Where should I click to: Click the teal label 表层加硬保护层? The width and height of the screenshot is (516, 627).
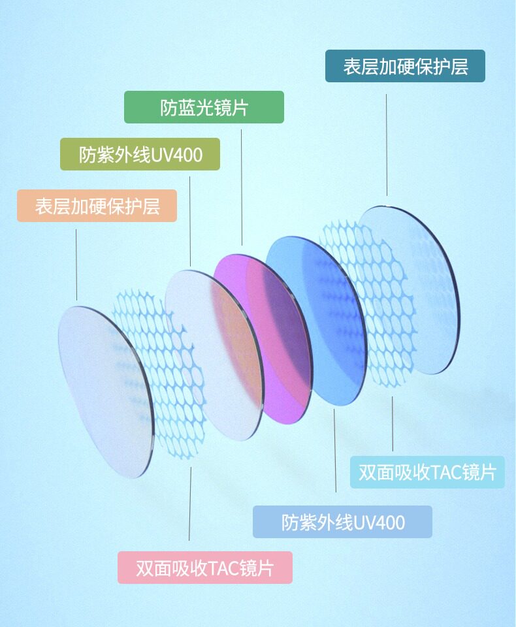pyautogui.click(x=405, y=66)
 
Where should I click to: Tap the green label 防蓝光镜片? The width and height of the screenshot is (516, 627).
pyautogui.click(x=204, y=107)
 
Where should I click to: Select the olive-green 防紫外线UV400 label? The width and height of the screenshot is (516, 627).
pyautogui.click(x=140, y=155)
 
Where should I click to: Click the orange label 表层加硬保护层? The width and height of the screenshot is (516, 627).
pyautogui.click(x=97, y=206)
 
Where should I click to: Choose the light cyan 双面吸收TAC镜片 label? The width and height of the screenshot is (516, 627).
pyautogui.click(x=427, y=472)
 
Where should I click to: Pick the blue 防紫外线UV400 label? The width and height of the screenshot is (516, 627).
pyautogui.click(x=342, y=522)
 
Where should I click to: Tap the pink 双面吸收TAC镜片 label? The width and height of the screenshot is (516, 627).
pyautogui.click(x=204, y=568)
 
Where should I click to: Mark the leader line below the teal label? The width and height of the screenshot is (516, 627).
pyautogui.click(x=387, y=144)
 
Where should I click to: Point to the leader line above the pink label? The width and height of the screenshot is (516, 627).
pyautogui.click(x=190, y=503)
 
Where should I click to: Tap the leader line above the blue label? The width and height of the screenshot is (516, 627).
pyautogui.click(x=334, y=451)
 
